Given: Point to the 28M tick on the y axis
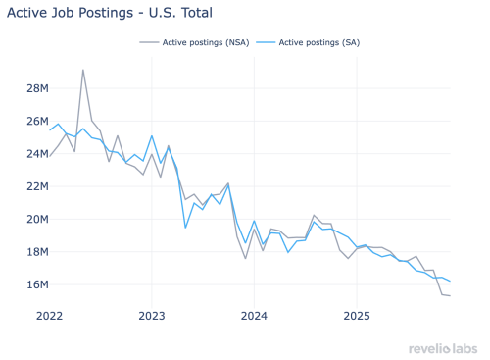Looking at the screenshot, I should (x=36, y=88).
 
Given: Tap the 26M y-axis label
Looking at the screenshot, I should (x=36, y=121).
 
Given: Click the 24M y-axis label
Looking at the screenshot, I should (x=36, y=153).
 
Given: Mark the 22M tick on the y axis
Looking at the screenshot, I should (x=36, y=186).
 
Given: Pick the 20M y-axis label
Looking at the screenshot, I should (x=36, y=219).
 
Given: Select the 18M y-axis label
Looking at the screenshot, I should (x=36, y=251).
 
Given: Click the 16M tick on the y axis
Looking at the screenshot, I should (x=36, y=284).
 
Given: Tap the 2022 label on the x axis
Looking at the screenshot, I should (x=49, y=316).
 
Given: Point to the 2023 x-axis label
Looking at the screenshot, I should (x=152, y=316).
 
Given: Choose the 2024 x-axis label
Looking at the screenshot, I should (x=254, y=316).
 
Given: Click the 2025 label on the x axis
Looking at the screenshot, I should (x=357, y=316).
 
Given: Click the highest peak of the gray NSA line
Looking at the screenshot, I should (x=83, y=70).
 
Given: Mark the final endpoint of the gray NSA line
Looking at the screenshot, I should (x=450, y=296).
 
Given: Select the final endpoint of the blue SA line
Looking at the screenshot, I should (x=450, y=282).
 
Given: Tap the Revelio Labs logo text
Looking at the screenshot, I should (x=444, y=348).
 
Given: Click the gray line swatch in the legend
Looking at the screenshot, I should (x=150, y=42).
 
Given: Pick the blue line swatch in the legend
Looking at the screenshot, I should (x=266, y=42).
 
